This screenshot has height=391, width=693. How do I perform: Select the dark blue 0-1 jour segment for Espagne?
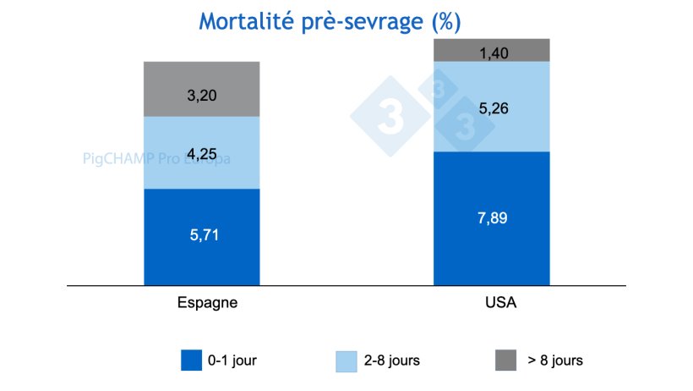pyautogui.click(x=201, y=254)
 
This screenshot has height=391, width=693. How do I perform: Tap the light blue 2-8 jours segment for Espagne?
pyautogui.click(x=201, y=135)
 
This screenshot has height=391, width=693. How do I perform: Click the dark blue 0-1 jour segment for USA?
pyautogui.click(x=491, y=245)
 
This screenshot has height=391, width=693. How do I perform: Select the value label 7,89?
pyautogui.click(x=491, y=218)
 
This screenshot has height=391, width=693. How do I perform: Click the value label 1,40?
pyautogui.click(x=491, y=54)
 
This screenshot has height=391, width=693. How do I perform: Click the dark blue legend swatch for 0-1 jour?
pyautogui.click(x=193, y=360)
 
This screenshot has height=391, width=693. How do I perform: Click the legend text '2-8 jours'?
pyautogui.click(x=392, y=360)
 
